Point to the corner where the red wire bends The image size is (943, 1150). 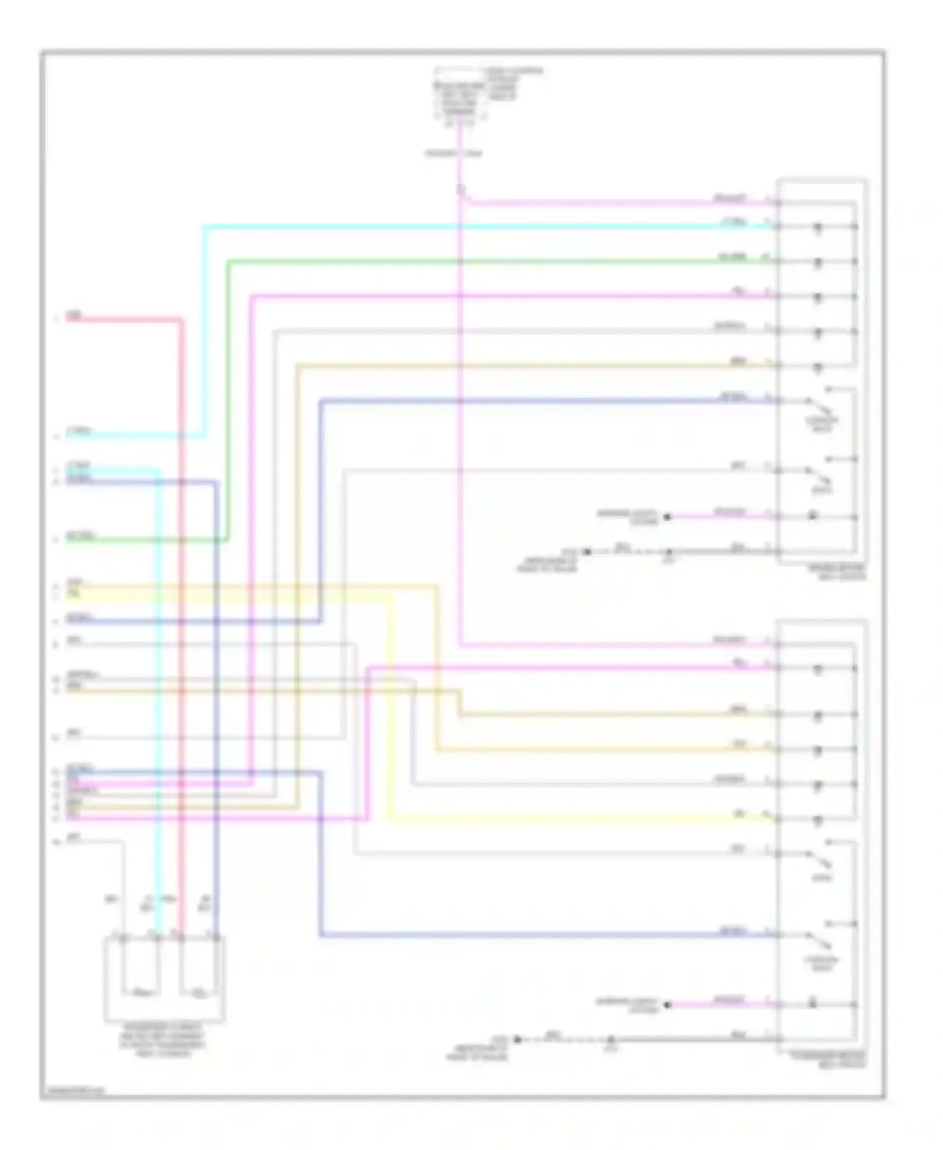[x=182, y=321]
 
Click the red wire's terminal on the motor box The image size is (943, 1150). [x=180, y=938]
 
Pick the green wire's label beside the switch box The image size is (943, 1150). [x=733, y=257]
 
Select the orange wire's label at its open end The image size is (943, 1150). [x=74, y=583]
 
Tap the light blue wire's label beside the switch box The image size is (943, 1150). [x=733, y=222]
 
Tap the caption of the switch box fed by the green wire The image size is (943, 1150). [x=836, y=571]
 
